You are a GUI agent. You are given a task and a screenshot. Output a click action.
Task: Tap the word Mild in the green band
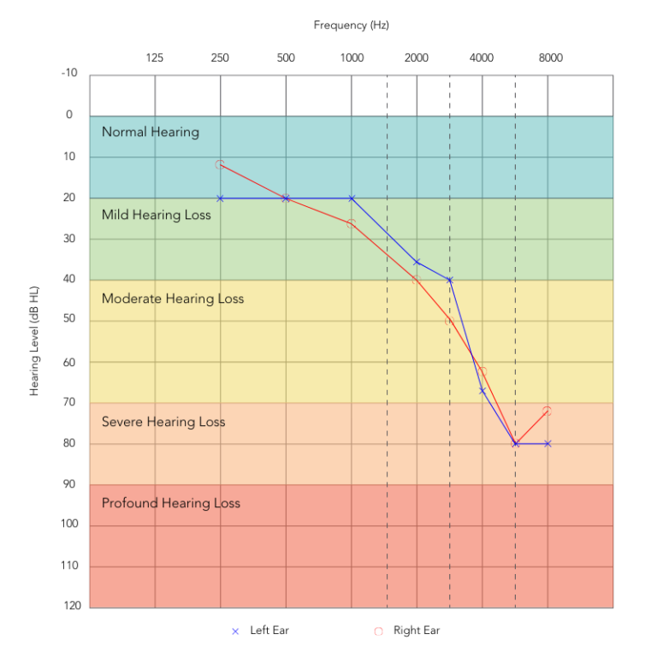(x=115, y=215)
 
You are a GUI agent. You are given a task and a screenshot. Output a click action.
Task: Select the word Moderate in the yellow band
(x=132, y=299)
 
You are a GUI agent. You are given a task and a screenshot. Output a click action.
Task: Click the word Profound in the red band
(x=129, y=503)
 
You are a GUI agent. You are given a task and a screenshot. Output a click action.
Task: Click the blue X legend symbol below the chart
(x=235, y=631)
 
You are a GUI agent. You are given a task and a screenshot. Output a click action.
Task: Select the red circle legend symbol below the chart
(x=378, y=631)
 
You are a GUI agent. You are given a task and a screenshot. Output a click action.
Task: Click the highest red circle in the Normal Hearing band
(x=220, y=164)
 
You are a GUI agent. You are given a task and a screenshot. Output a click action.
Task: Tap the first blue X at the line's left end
(x=221, y=198)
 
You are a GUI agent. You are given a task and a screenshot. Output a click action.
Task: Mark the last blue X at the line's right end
(x=547, y=443)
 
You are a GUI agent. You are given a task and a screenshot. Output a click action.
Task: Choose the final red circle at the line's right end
(x=547, y=411)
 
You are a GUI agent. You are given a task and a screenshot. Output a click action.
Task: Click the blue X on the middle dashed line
(x=449, y=280)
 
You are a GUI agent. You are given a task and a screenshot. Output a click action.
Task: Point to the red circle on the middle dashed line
(x=449, y=321)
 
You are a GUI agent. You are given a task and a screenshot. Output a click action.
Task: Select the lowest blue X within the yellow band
(x=482, y=390)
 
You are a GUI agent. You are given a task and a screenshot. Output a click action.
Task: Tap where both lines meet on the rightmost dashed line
(x=515, y=443)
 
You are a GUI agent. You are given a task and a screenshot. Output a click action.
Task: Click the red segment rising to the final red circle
(x=531, y=427)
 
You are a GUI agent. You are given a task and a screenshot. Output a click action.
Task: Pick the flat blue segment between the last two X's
(x=531, y=443)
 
